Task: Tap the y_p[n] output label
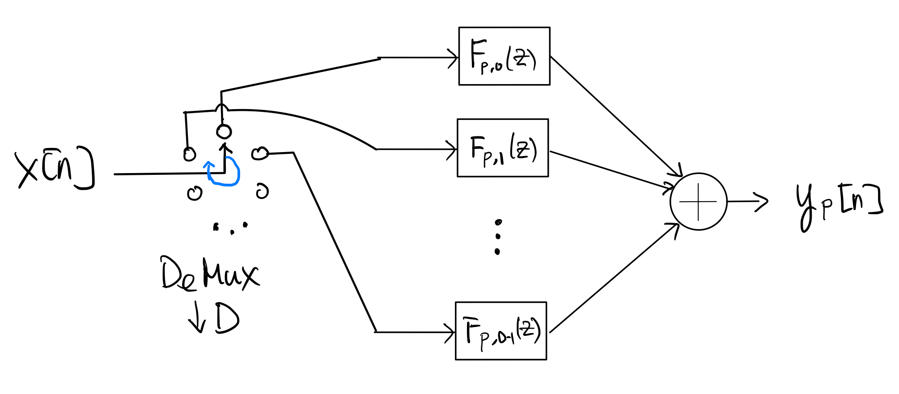(839, 206)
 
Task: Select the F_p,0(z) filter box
(504, 56)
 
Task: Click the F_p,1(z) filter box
(503, 148)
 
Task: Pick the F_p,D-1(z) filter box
(501, 331)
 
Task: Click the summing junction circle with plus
(698, 202)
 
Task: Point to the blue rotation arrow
(224, 172)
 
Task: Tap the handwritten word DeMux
(210, 274)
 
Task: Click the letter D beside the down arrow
(227, 318)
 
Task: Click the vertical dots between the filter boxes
(497, 237)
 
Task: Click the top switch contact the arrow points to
(224, 131)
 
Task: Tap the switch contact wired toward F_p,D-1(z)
(260, 154)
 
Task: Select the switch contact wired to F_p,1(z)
(190, 154)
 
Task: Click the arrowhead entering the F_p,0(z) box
(454, 58)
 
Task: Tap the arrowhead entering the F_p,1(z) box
(452, 149)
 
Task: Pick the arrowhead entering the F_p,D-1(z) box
(451, 333)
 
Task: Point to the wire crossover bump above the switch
(221, 108)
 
